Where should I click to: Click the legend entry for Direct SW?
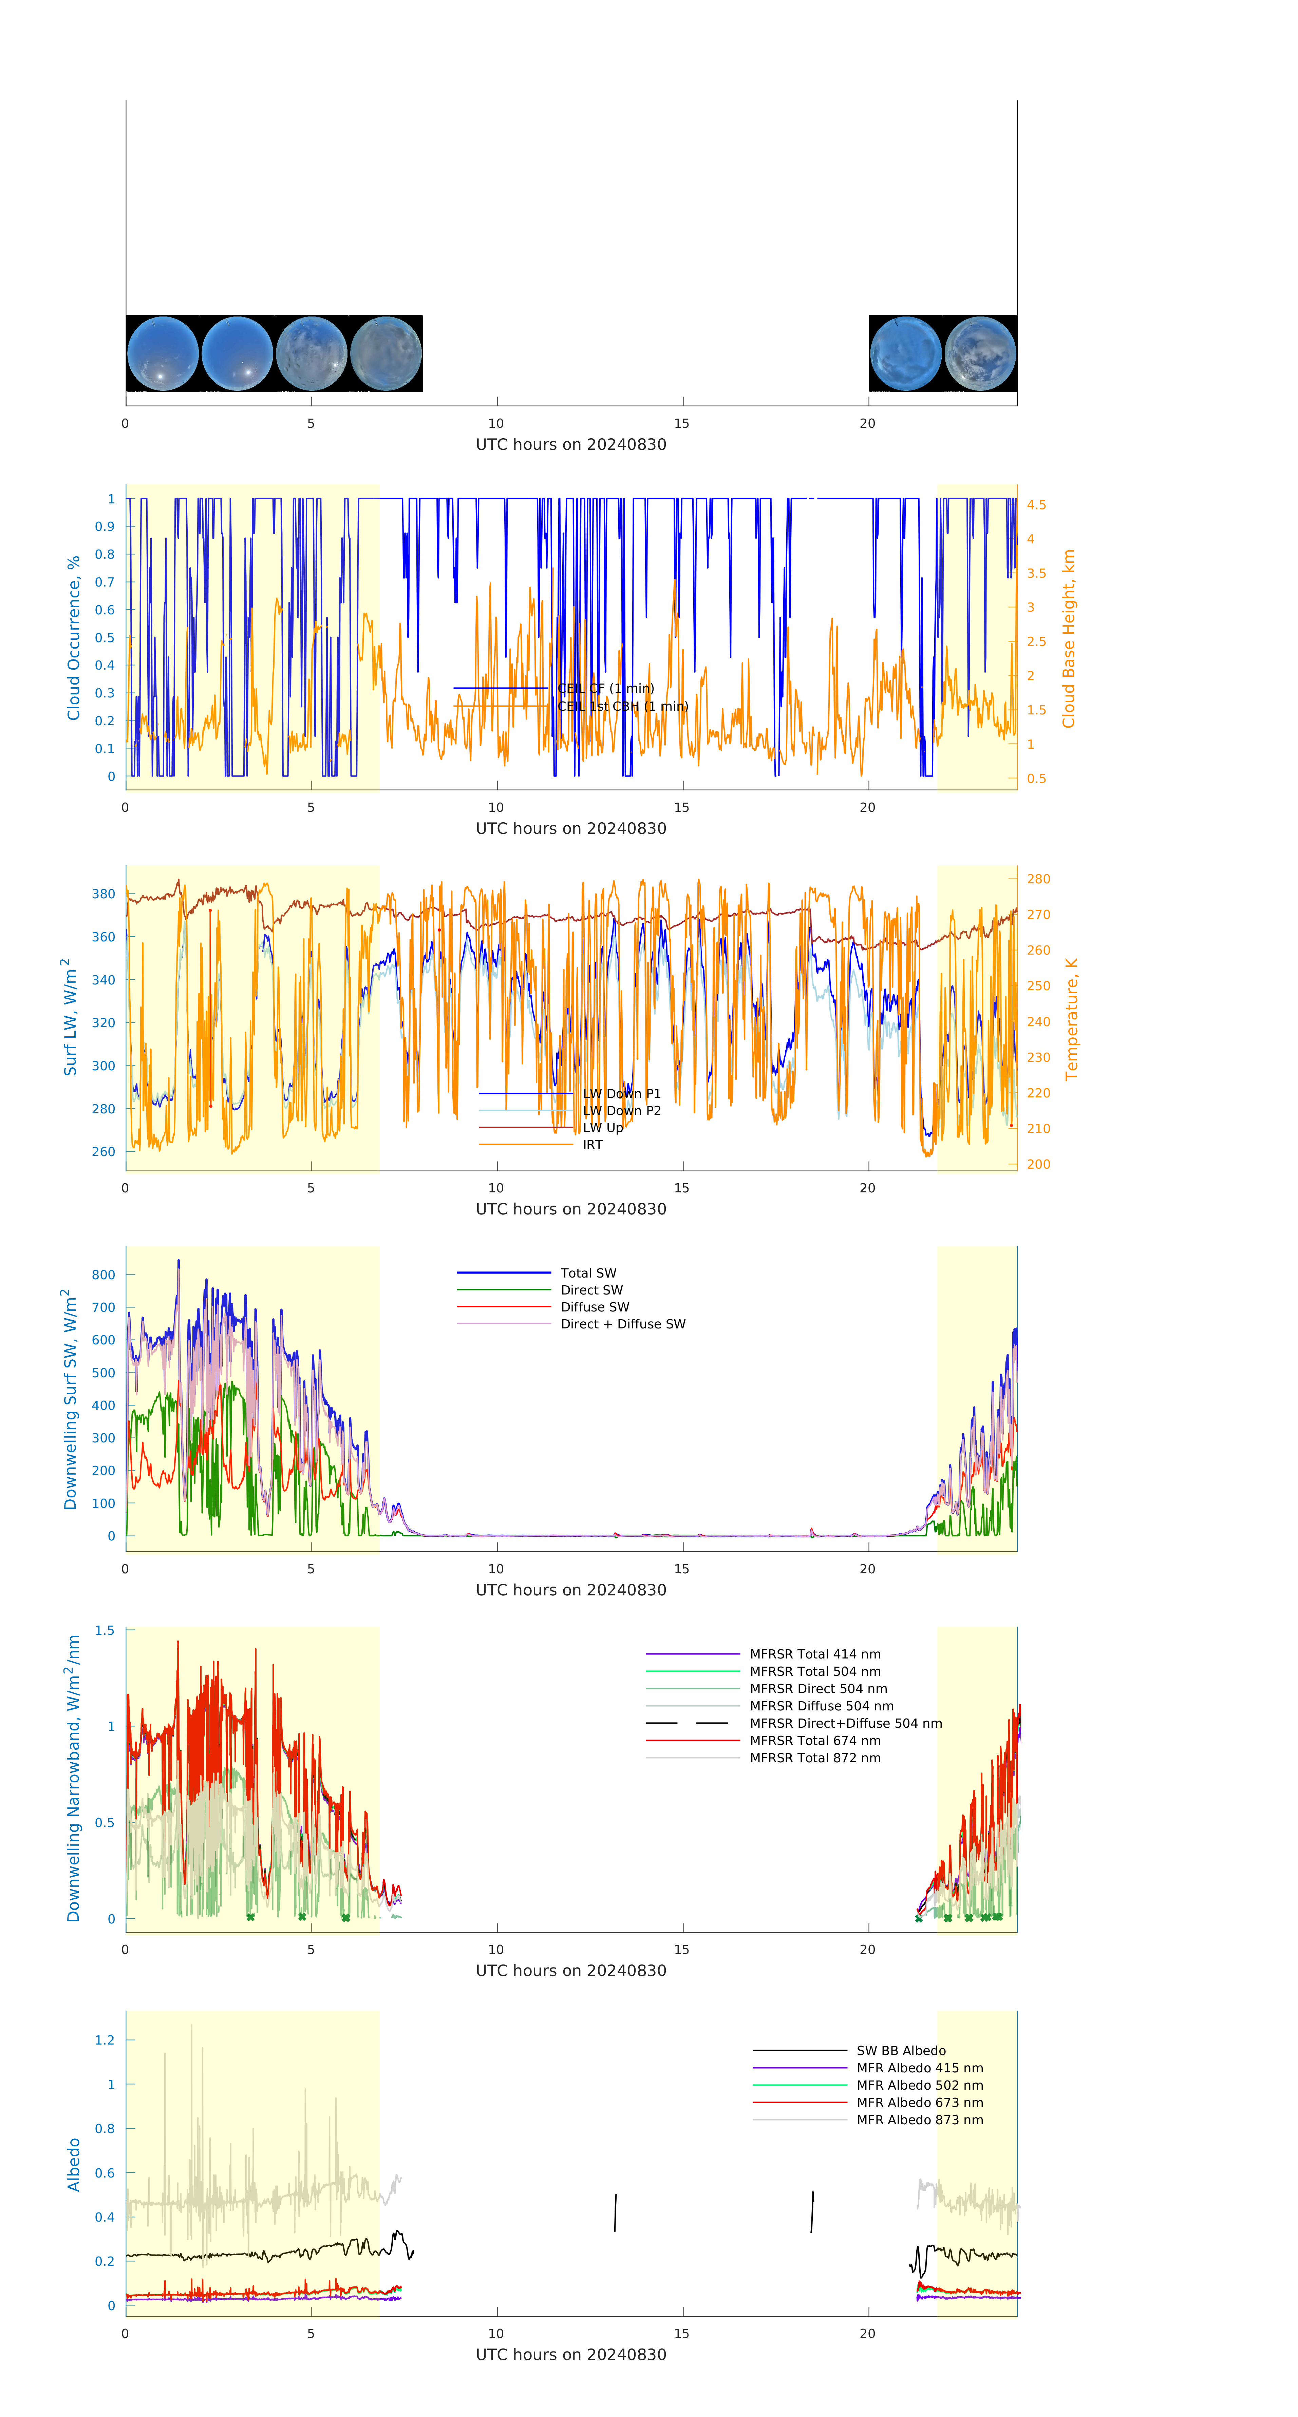pyautogui.click(x=591, y=1290)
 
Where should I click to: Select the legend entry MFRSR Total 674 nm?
pyautogui.click(x=815, y=1741)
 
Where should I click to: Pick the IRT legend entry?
pyautogui.click(x=592, y=1145)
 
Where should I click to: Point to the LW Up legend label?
pyautogui.click(x=603, y=1128)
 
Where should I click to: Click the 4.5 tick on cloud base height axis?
pyautogui.click(x=1036, y=505)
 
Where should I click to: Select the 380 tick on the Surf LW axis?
pyautogui.click(x=103, y=894)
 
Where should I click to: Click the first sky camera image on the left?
pyautogui.click(x=162, y=354)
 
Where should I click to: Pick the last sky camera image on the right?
pyautogui.click(x=980, y=354)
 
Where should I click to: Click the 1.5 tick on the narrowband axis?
pyautogui.click(x=104, y=1631)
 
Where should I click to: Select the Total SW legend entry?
pyautogui.click(x=588, y=1273)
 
